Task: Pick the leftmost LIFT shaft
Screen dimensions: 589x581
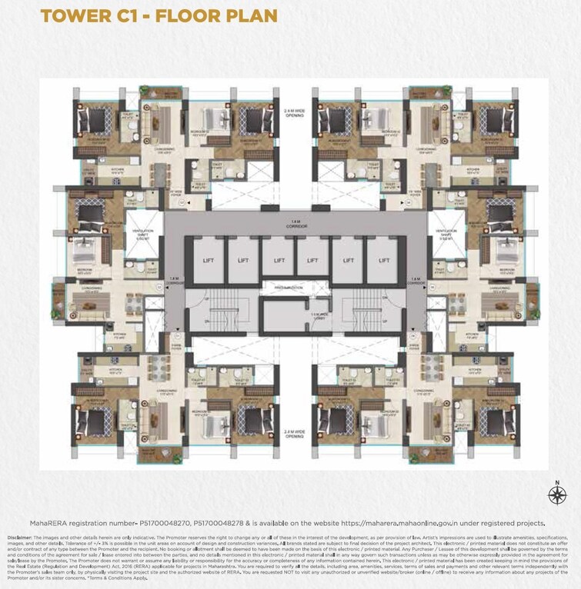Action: pos(208,261)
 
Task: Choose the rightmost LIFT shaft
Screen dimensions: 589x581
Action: pos(382,261)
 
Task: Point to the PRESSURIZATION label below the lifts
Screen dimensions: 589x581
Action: pos(295,288)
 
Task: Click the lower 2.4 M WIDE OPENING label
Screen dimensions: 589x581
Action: pos(295,434)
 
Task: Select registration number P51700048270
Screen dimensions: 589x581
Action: pos(159,522)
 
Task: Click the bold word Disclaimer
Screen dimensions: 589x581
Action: pos(19,537)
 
